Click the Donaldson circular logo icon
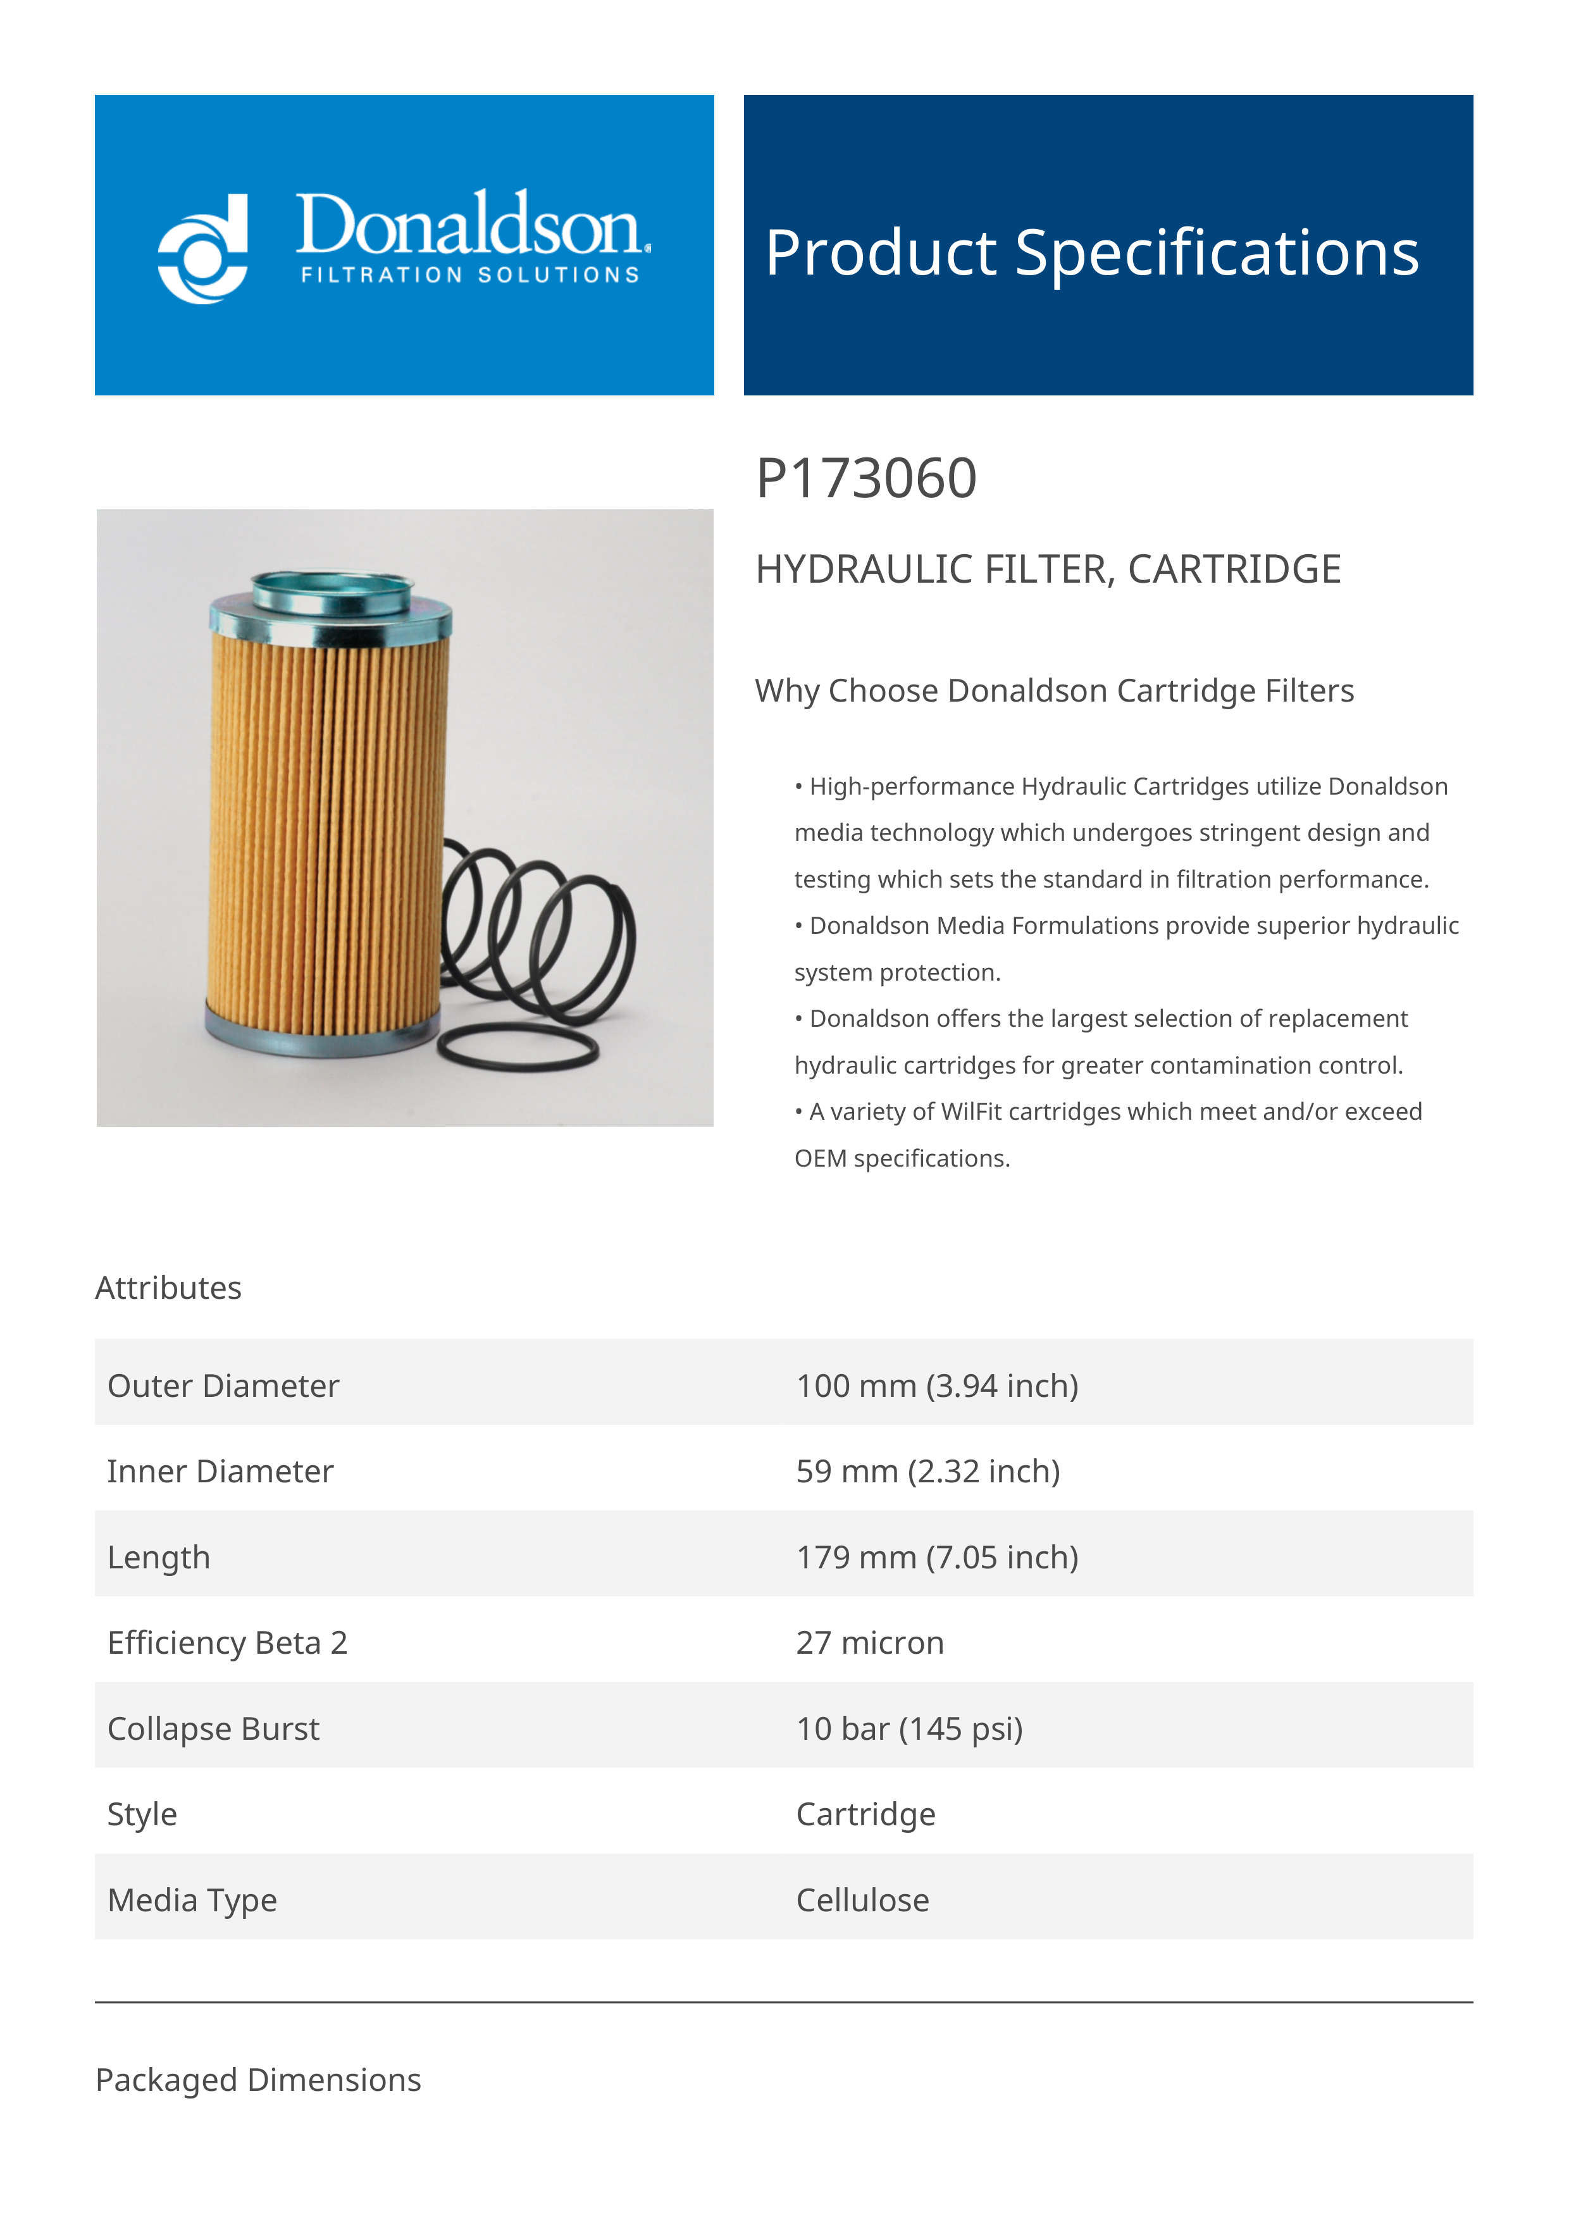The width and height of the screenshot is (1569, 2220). (203, 249)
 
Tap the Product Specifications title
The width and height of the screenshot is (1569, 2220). (1091, 252)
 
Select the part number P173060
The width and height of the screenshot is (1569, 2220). (865, 479)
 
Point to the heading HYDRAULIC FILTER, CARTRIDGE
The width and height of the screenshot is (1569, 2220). (1047, 569)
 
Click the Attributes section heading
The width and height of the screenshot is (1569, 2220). (168, 1288)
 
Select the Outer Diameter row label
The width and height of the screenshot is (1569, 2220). (223, 1386)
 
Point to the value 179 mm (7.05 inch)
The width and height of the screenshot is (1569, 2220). (937, 1557)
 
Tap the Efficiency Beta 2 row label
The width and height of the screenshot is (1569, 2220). (227, 1643)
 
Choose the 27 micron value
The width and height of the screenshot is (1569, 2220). (869, 1643)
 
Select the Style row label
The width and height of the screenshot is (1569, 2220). (142, 1814)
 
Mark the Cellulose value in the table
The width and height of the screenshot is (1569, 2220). (862, 1900)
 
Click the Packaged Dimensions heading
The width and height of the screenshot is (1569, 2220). (258, 2080)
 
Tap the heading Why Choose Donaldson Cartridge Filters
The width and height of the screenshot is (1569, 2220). (1054, 690)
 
